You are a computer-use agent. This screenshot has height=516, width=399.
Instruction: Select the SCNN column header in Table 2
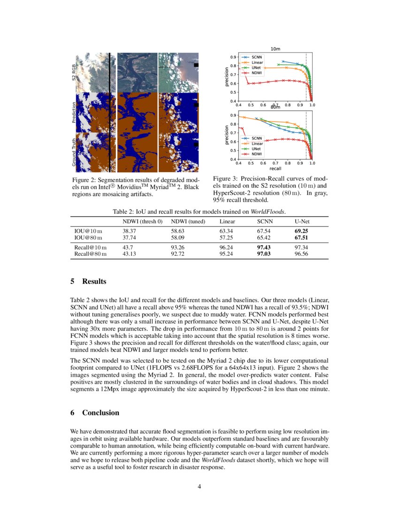click(264, 221)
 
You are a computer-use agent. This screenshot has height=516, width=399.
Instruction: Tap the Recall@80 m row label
click(91, 254)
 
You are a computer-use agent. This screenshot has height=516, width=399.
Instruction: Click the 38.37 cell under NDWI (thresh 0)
click(129, 231)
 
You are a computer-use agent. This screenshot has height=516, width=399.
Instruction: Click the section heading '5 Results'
click(88, 281)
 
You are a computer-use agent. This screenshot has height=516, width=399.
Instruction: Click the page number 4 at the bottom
click(199, 486)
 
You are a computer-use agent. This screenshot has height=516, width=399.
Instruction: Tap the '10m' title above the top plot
click(275, 49)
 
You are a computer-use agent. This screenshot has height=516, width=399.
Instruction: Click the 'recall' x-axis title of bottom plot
click(275, 168)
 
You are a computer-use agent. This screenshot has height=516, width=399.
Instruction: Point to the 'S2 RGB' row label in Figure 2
click(74, 72)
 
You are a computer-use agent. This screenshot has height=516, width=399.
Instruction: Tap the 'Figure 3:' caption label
click(227, 179)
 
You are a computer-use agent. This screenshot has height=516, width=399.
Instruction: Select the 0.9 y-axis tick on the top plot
click(233, 57)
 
